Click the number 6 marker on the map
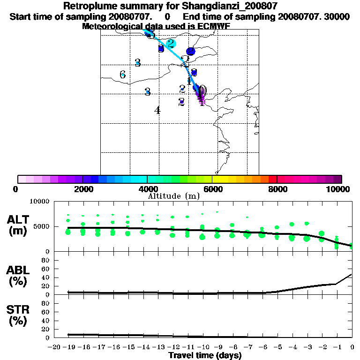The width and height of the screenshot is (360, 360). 122,75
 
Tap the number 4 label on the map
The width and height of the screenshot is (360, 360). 157,111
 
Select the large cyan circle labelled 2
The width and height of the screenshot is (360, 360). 171,44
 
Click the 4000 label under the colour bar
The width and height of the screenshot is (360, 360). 147,189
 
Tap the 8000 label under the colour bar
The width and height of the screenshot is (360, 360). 277,189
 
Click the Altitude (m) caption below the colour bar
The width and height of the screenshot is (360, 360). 174,196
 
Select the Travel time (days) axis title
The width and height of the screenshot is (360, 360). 205,355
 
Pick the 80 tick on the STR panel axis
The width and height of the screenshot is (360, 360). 46,303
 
